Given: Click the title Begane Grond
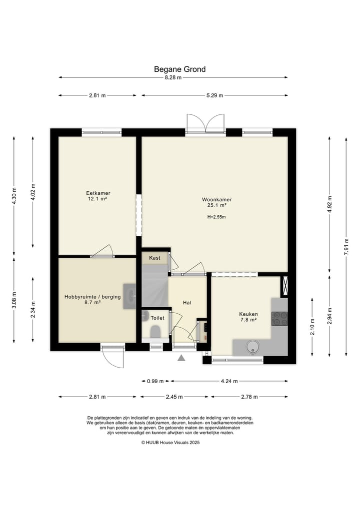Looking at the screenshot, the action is (x=179, y=69).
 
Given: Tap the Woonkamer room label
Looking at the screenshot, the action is (x=216, y=200).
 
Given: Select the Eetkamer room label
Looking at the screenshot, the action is (x=98, y=193).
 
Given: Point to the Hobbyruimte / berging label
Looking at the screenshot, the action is (x=92, y=296).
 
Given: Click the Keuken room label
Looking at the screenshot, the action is (x=248, y=314).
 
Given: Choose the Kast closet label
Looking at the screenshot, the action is (x=154, y=258).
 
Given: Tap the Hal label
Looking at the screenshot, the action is (x=187, y=303).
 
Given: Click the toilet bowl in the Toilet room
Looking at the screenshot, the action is (x=155, y=331).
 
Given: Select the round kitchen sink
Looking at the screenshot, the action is (x=252, y=347).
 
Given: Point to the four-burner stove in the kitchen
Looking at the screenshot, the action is (x=279, y=319).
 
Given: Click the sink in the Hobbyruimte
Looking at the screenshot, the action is (x=130, y=296).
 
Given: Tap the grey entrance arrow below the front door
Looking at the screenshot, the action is (x=181, y=358).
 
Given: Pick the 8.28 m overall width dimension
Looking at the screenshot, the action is (x=173, y=77).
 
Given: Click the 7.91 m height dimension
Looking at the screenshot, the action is (x=346, y=247).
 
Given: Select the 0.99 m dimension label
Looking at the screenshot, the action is (x=155, y=381).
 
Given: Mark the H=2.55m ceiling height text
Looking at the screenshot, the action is (x=216, y=217).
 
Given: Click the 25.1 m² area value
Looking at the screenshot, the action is (x=216, y=205).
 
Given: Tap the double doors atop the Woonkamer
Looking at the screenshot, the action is (x=205, y=124).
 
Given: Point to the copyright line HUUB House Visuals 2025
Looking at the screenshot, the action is (x=170, y=442).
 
